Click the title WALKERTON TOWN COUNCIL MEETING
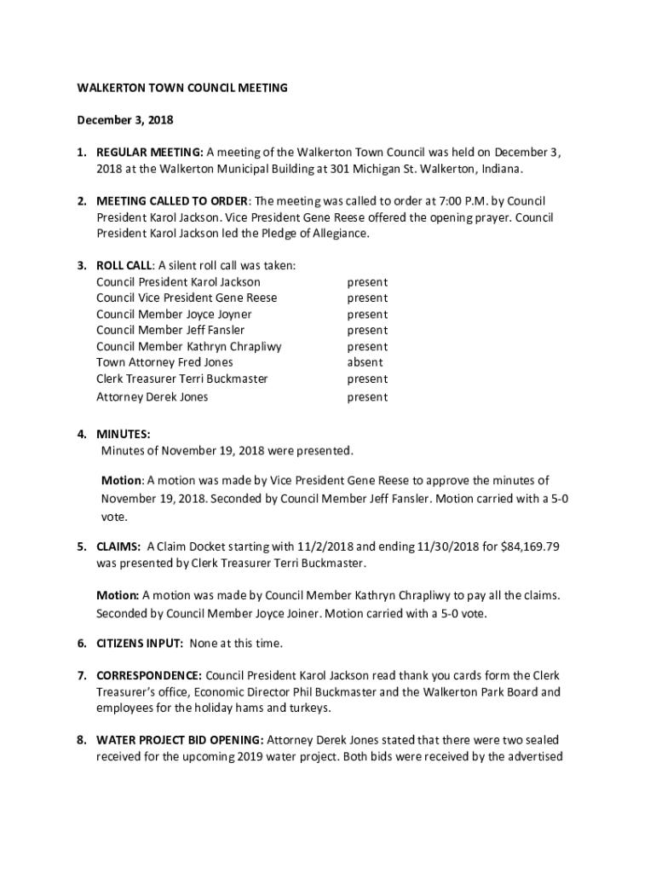(182, 88)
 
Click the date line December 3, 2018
(125, 120)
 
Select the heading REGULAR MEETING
(149, 153)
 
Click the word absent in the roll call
(365, 362)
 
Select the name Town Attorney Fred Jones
(164, 362)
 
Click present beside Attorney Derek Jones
(367, 397)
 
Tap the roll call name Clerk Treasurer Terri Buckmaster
(182, 379)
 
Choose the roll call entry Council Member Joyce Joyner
(174, 315)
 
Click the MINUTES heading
(123, 434)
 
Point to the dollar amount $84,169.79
(527, 547)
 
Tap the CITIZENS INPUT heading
(140, 643)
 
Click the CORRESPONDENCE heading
(149, 676)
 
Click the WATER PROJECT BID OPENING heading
(180, 740)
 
